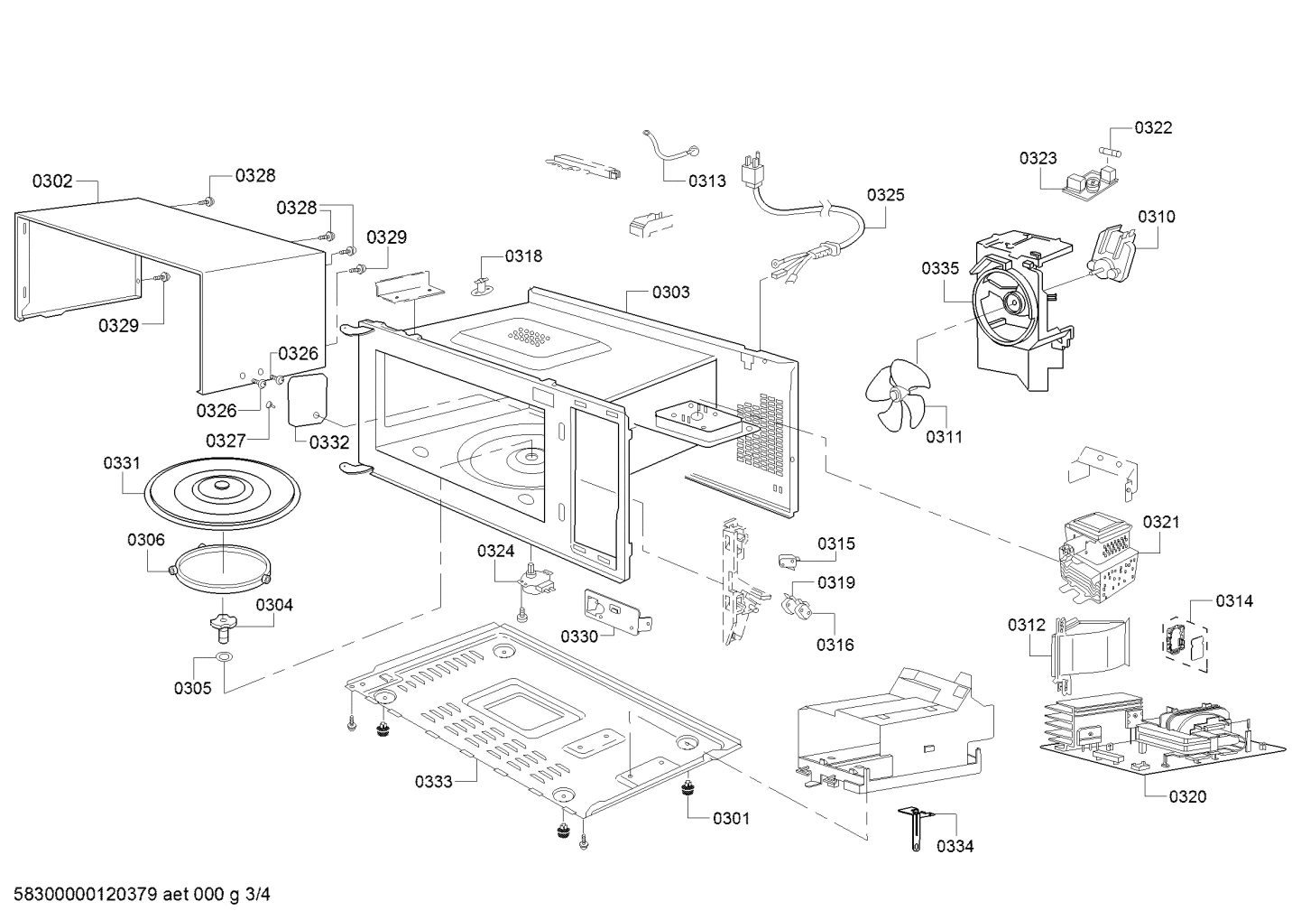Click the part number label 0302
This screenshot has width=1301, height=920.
click(52, 181)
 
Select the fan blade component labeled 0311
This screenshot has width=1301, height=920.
click(895, 395)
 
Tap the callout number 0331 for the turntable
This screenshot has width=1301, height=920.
click(121, 463)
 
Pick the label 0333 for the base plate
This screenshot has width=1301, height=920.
click(433, 782)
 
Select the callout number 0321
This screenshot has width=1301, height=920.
click(1160, 522)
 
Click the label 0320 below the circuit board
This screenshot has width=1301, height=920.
click(1186, 797)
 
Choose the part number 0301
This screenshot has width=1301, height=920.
click(731, 819)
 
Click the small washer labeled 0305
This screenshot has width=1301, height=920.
click(225, 656)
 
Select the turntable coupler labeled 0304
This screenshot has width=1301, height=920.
click(222, 622)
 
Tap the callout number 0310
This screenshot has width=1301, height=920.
click(1156, 217)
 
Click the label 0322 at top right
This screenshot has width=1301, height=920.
click(1153, 128)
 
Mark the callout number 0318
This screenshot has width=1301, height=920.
click(523, 256)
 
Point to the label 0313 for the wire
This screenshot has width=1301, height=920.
click(706, 181)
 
